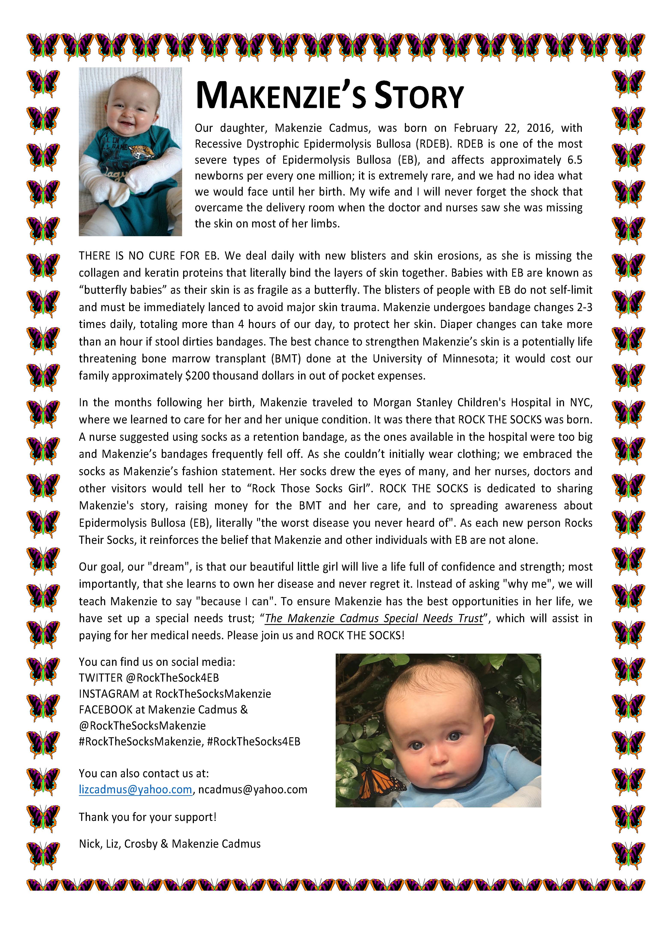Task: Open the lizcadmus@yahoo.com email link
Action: (x=135, y=789)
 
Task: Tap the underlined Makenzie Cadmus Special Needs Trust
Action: (x=374, y=618)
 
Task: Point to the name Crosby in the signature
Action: (x=141, y=844)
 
